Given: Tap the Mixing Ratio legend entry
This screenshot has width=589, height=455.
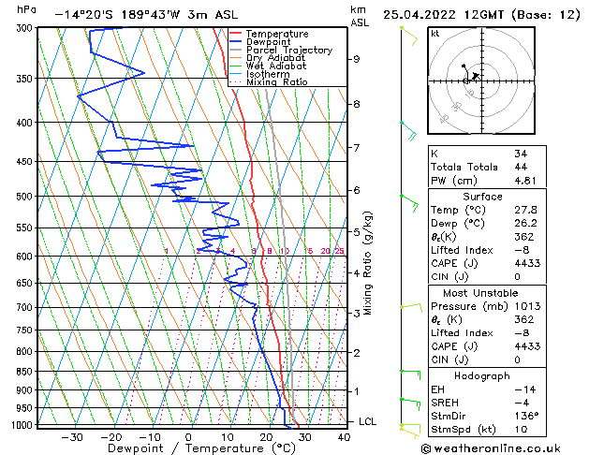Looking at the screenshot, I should pyautogui.click(x=276, y=82).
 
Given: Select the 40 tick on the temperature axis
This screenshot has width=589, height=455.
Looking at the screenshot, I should pyautogui.click(x=345, y=437).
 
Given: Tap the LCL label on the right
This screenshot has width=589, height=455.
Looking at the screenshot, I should pyautogui.click(x=369, y=422).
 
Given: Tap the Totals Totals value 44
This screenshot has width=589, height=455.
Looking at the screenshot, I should pyautogui.click(x=521, y=167).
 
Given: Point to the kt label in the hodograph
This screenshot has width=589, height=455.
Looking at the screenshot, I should pyautogui.click(x=434, y=34).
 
